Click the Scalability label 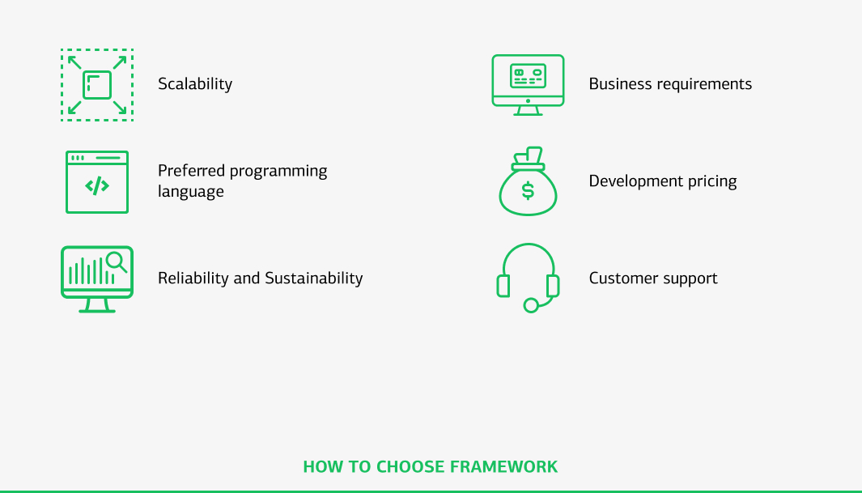(x=195, y=84)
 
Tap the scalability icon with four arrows (x=97, y=85)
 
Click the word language (x=191, y=192)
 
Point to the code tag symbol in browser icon (x=97, y=186)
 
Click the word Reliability (x=193, y=278)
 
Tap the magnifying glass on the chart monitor (x=117, y=261)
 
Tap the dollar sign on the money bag (x=528, y=191)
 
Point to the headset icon (x=528, y=275)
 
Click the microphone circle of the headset (x=531, y=305)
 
